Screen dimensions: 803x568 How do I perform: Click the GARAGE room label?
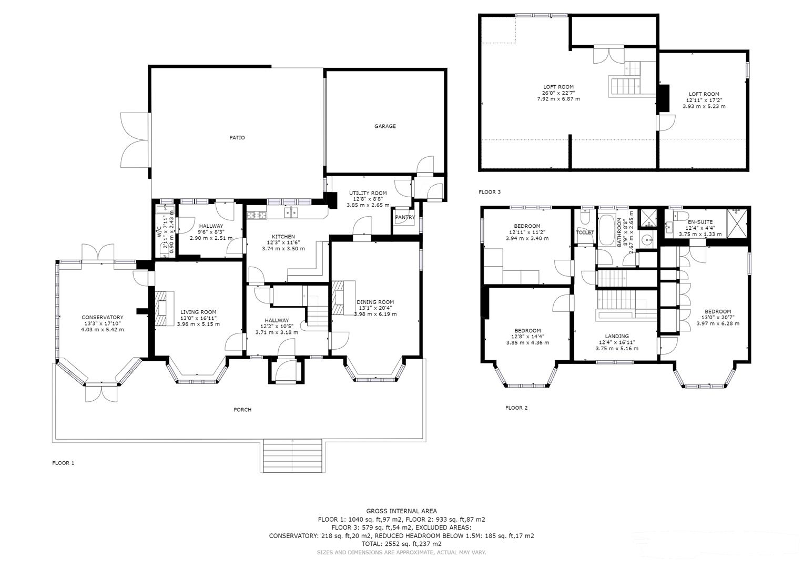coord(385,126)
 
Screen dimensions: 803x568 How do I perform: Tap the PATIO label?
coord(237,138)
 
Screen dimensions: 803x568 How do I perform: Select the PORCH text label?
coord(243,410)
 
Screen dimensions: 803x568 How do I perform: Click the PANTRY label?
coord(405,217)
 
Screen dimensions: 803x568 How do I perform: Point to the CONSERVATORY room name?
coord(103,317)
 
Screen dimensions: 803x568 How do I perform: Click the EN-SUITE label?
coord(700,222)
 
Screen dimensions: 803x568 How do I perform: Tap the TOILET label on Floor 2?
coord(585,232)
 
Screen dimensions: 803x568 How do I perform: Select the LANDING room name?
coord(617,336)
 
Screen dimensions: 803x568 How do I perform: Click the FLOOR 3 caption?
coord(490,192)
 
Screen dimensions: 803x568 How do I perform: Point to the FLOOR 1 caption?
coord(63,463)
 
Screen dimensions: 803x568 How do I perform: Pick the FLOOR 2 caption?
coord(516,408)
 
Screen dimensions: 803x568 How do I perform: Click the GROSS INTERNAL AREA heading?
coord(402,511)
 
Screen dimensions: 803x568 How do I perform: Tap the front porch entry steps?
coord(292,456)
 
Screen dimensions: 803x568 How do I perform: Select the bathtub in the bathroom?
coord(606,230)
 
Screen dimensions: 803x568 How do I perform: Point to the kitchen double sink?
coord(291,213)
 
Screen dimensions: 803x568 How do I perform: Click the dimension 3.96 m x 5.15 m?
coord(198,324)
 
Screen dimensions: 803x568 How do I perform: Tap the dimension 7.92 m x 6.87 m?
coord(558,99)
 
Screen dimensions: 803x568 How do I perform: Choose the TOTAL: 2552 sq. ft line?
coord(402,544)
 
